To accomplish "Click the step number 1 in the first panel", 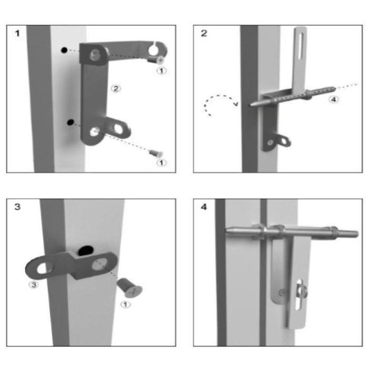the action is pos(17,33).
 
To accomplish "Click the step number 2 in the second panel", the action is pos(204,33).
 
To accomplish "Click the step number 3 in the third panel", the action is pos(17,207).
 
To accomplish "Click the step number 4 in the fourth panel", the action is pos(204,207).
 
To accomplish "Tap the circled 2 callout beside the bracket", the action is pos(116,89).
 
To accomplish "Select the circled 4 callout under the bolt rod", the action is pos(333,99).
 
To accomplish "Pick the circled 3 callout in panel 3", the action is pos(34,285).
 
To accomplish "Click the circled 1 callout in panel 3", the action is pos(126,304).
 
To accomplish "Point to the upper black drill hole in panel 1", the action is pos(64,50).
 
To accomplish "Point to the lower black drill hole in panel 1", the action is pos(70,122).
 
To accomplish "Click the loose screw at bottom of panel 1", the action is pos(156,154).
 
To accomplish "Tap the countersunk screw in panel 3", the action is pos(130,288).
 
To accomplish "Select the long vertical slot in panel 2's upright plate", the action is pos(300,46).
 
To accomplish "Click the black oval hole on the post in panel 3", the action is pos(86,251).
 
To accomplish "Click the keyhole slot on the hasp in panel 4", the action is pos(299,295).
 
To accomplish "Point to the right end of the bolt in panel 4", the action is pos(357,234).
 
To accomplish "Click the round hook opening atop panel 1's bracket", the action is pos(154,49).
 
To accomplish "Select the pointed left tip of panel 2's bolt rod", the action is pos(250,105).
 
